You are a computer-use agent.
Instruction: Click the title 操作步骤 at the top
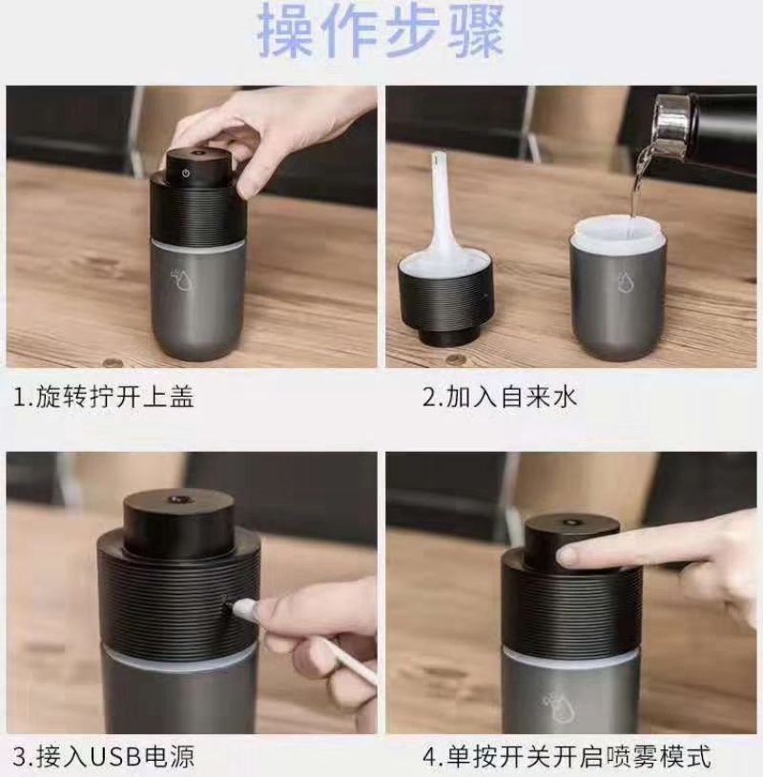pyautogui.click(x=381, y=31)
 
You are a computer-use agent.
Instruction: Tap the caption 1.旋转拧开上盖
pyautogui.click(x=104, y=397)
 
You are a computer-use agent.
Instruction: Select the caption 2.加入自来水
pyautogui.click(x=500, y=397)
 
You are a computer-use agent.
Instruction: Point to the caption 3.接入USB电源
pyautogui.click(x=104, y=757)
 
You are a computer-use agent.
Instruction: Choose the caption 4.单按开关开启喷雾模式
pyautogui.click(x=567, y=757)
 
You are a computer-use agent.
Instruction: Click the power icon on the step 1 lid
pyautogui.click(x=186, y=174)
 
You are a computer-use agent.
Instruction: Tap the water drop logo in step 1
pyautogui.click(x=181, y=279)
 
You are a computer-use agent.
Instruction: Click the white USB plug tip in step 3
pyautogui.click(x=244, y=608)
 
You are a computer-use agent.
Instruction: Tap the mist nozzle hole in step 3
pyautogui.click(x=177, y=499)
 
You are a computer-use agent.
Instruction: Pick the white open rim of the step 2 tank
pyautogui.click(x=618, y=231)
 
